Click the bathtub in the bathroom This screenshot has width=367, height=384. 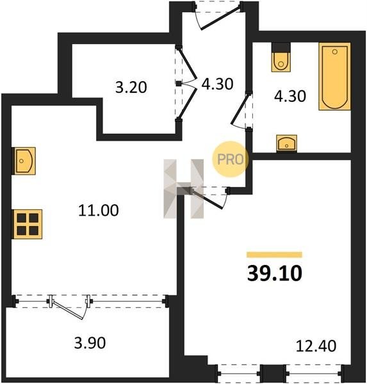[x=334, y=76]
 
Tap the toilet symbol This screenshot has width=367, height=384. [x=281, y=58]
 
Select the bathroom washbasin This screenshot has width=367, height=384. [x=286, y=143]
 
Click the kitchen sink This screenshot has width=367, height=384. [x=24, y=161]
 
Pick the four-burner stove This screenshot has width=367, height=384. [x=28, y=224]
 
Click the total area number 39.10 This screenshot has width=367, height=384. [x=275, y=274]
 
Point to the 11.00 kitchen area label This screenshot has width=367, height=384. [x=98, y=211]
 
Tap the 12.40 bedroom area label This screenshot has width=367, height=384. [x=316, y=346]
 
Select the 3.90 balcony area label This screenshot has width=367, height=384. [x=90, y=342]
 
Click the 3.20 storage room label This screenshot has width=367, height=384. [x=131, y=87]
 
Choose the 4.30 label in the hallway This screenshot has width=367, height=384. [x=217, y=84]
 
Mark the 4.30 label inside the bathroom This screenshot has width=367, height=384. [x=290, y=96]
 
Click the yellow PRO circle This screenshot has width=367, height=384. [x=230, y=159]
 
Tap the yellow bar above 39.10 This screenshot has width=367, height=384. [x=274, y=255]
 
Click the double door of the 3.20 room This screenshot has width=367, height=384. [x=186, y=83]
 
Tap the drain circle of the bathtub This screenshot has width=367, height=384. [x=335, y=52]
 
